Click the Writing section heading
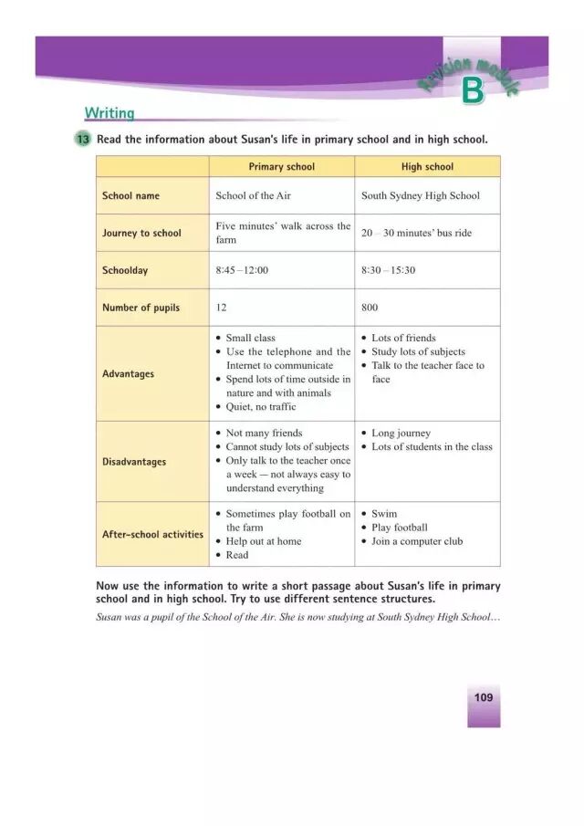[x=109, y=113]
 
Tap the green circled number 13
[x=83, y=140]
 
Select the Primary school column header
[x=281, y=167]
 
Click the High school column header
[x=427, y=167]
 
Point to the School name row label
[x=130, y=195]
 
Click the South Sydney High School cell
[x=420, y=195]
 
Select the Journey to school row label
[x=141, y=233]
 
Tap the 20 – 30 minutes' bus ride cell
[x=416, y=233]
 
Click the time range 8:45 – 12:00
[x=242, y=270]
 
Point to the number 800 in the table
[x=370, y=308]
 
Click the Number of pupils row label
[x=141, y=308]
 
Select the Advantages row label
[x=128, y=373]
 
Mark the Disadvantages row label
[x=134, y=461]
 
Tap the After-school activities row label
[x=152, y=534]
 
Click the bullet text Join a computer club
[x=417, y=541]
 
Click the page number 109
[x=483, y=697]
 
